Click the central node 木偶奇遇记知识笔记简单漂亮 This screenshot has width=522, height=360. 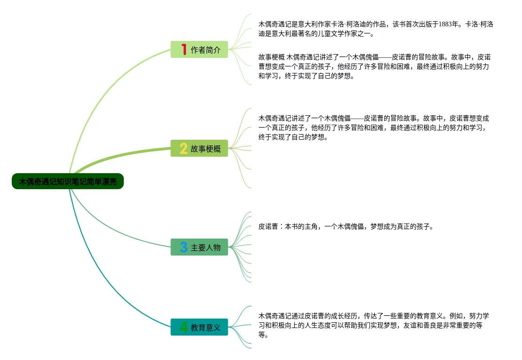pos(67,181)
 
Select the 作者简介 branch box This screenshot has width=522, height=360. pos(199,49)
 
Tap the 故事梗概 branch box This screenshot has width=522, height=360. pos(199,149)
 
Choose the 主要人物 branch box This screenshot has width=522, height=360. pos(199,247)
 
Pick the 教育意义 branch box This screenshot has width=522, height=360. pos(199,327)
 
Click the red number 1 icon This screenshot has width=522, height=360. pos(184,49)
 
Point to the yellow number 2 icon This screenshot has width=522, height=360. pos(184,149)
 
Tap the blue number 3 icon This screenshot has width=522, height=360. pos(184,247)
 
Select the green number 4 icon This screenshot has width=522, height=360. pos(184,327)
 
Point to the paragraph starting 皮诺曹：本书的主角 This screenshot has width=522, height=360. pos(345,227)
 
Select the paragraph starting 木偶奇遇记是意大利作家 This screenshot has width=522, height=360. pos(376,29)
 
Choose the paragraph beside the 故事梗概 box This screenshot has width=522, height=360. pos(374,128)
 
